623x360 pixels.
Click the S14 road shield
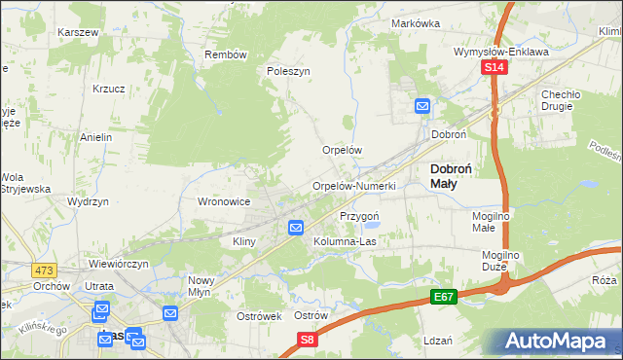pos(495,67)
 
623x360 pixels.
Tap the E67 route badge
pos(443,294)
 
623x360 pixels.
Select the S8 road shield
pos(308,340)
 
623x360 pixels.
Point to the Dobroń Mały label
pos(452,175)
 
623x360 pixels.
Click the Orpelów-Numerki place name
pos(353,186)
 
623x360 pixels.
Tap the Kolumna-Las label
pos(345,240)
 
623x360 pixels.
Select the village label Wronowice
pos(225,201)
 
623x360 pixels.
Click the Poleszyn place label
pos(288,71)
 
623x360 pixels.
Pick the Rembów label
pos(225,54)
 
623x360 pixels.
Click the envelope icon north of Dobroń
pos(422,105)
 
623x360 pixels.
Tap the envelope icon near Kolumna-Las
pos(297,228)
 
